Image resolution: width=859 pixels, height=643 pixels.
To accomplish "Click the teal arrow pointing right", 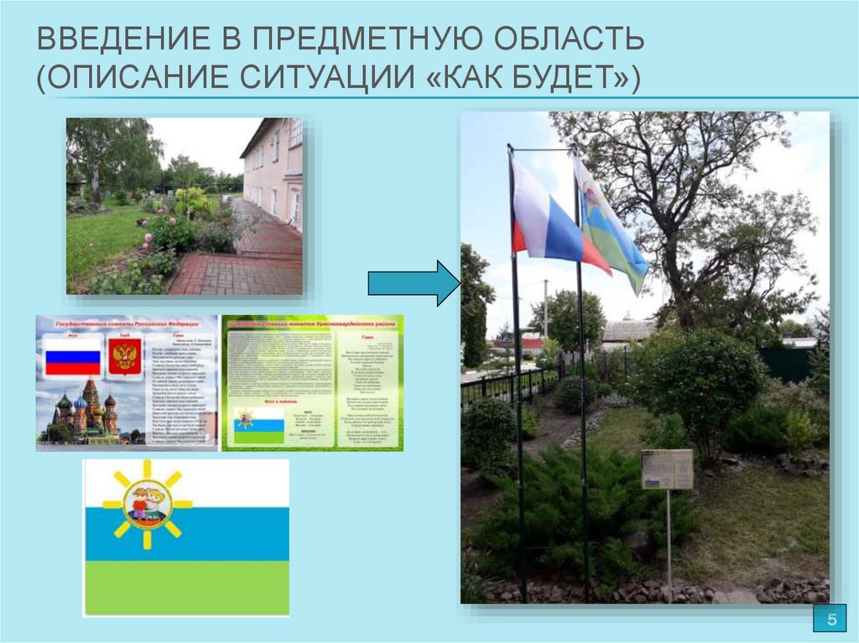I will coord(413,283).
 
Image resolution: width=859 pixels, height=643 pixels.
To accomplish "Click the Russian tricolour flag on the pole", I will coord(549,220).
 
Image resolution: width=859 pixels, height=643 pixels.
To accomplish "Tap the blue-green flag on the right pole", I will coord(611,221).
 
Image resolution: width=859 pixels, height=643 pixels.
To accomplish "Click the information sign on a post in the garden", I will coord(667,469).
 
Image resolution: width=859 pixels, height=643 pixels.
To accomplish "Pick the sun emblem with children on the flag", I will coord(148,504).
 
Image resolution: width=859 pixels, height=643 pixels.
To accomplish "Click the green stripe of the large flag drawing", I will coord(186,588).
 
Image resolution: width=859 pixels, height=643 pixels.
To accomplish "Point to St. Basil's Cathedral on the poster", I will coord(85,411).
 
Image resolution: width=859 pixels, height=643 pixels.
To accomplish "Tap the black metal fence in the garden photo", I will coord(503,386).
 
